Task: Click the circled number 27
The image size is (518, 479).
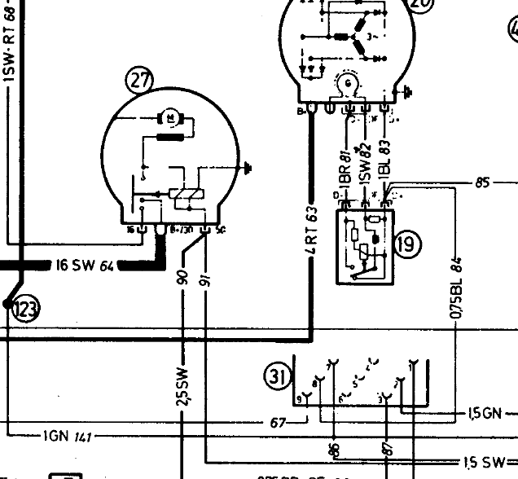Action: pyautogui.click(x=139, y=80)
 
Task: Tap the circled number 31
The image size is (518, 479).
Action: pyautogui.click(x=276, y=376)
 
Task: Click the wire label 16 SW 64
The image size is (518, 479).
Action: pyautogui.click(x=86, y=266)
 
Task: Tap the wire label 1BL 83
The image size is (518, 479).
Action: pyautogui.click(x=384, y=168)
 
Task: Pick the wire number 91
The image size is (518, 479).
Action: pyautogui.click(x=204, y=279)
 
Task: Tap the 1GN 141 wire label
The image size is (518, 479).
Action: pyautogui.click(x=68, y=437)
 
